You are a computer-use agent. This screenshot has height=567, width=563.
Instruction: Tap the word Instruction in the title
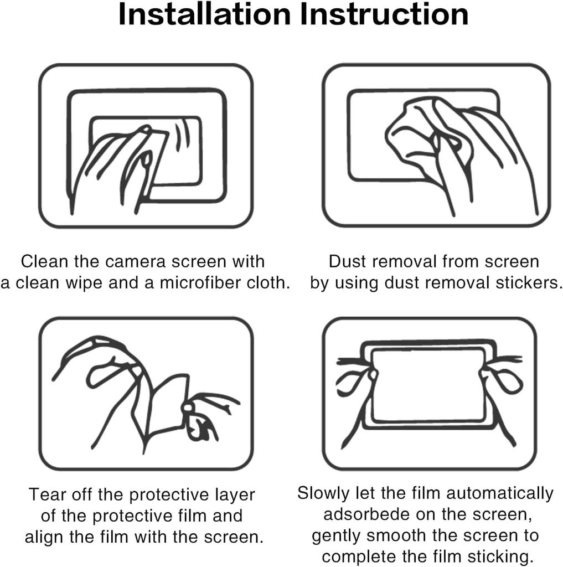384,15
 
